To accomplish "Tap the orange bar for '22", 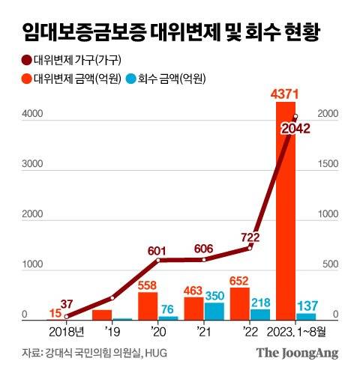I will point(240,303).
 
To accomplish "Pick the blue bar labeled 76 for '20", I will point(168,318).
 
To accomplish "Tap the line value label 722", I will point(248,237).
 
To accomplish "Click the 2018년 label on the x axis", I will point(66,331).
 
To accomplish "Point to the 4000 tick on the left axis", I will point(30,114).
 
